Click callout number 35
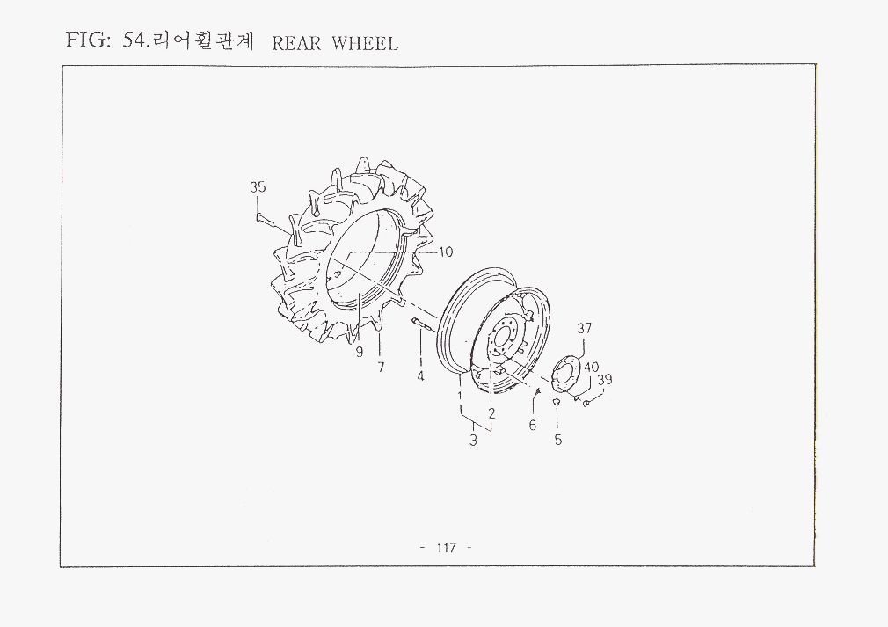(258, 187)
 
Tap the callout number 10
(447, 252)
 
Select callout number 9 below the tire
(360, 353)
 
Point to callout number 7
(382, 368)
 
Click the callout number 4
(420, 375)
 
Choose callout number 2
(491, 413)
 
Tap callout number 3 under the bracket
(473, 440)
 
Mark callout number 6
(532, 425)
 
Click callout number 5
(558, 440)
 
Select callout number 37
(585, 328)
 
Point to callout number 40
(591, 368)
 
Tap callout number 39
(605, 380)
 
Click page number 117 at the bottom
(447, 548)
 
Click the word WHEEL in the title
(365, 43)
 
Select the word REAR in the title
(297, 43)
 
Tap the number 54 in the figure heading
(135, 40)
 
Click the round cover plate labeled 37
(563, 374)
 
